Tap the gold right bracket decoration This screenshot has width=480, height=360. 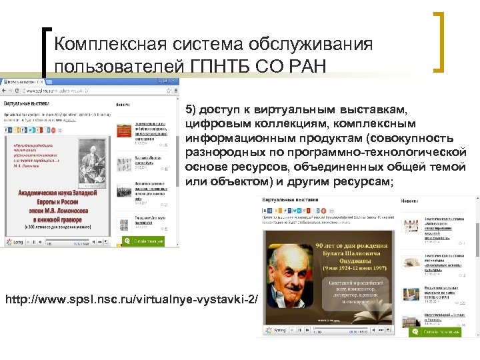pyautogui.click(x=441, y=41)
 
